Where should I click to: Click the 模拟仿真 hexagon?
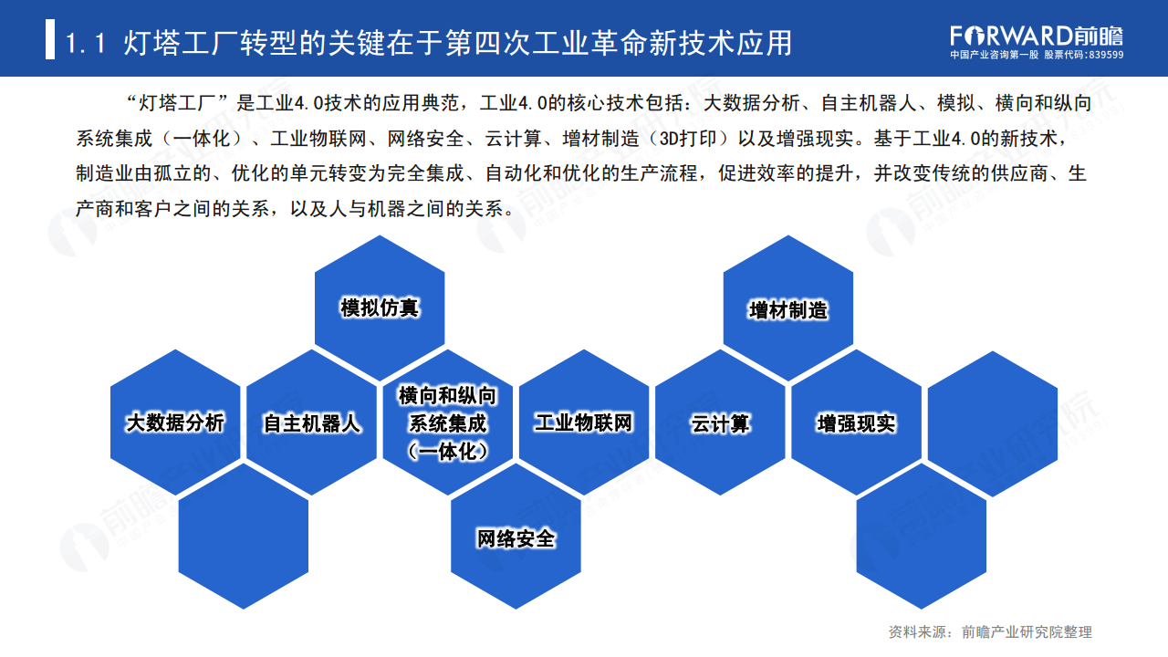tap(380, 308)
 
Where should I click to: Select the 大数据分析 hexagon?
tap(175, 422)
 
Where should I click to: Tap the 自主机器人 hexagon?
tap(312, 422)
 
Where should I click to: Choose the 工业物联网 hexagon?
tap(583, 422)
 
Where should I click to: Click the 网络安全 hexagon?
tap(516, 537)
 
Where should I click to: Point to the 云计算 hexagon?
tap(720, 422)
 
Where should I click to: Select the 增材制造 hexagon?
tap(788, 308)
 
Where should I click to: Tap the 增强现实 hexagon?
tap(856, 422)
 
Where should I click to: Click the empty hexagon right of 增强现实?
tap(992, 422)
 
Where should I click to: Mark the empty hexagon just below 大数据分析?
tap(244, 537)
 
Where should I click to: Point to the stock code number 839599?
tap(1105, 55)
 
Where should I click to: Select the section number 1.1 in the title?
tap(89, 42)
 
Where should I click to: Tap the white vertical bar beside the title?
tap(50, 42)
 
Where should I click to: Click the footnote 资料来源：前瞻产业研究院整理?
tap(990, 631)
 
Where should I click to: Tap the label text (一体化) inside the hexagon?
tap(447, 450)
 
